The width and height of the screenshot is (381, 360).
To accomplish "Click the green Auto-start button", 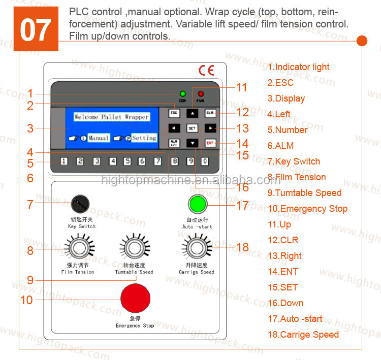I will click(x=198, y=204).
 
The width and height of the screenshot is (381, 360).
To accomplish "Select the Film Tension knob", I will click(x=79, y=235).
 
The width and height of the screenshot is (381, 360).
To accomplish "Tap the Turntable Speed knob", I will click(x=135, y=235).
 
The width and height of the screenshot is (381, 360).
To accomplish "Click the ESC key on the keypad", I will click(x=174, y=113).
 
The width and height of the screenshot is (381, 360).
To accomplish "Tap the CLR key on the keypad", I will click(x=210, y=113).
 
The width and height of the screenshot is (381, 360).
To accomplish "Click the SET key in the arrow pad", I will click(x=192, y=128).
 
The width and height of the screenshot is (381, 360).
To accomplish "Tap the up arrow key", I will click(x=192, y=113).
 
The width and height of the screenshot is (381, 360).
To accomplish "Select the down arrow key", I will click(x=192, y=143).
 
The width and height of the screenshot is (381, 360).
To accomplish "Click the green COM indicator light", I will click(x=182, y=94).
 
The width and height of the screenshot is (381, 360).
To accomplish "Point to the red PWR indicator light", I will click(x=201, y=94).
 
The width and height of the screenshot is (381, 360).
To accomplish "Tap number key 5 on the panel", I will click(x=128, y=161).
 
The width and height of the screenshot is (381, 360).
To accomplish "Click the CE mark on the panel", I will click(x=206, y=71).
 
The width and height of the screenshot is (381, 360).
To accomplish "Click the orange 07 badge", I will click(x=36, y=29).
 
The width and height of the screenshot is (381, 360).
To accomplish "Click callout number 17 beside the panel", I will click(x=242, y=205).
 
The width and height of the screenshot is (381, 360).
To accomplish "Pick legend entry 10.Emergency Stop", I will click(x=308, y=209).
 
